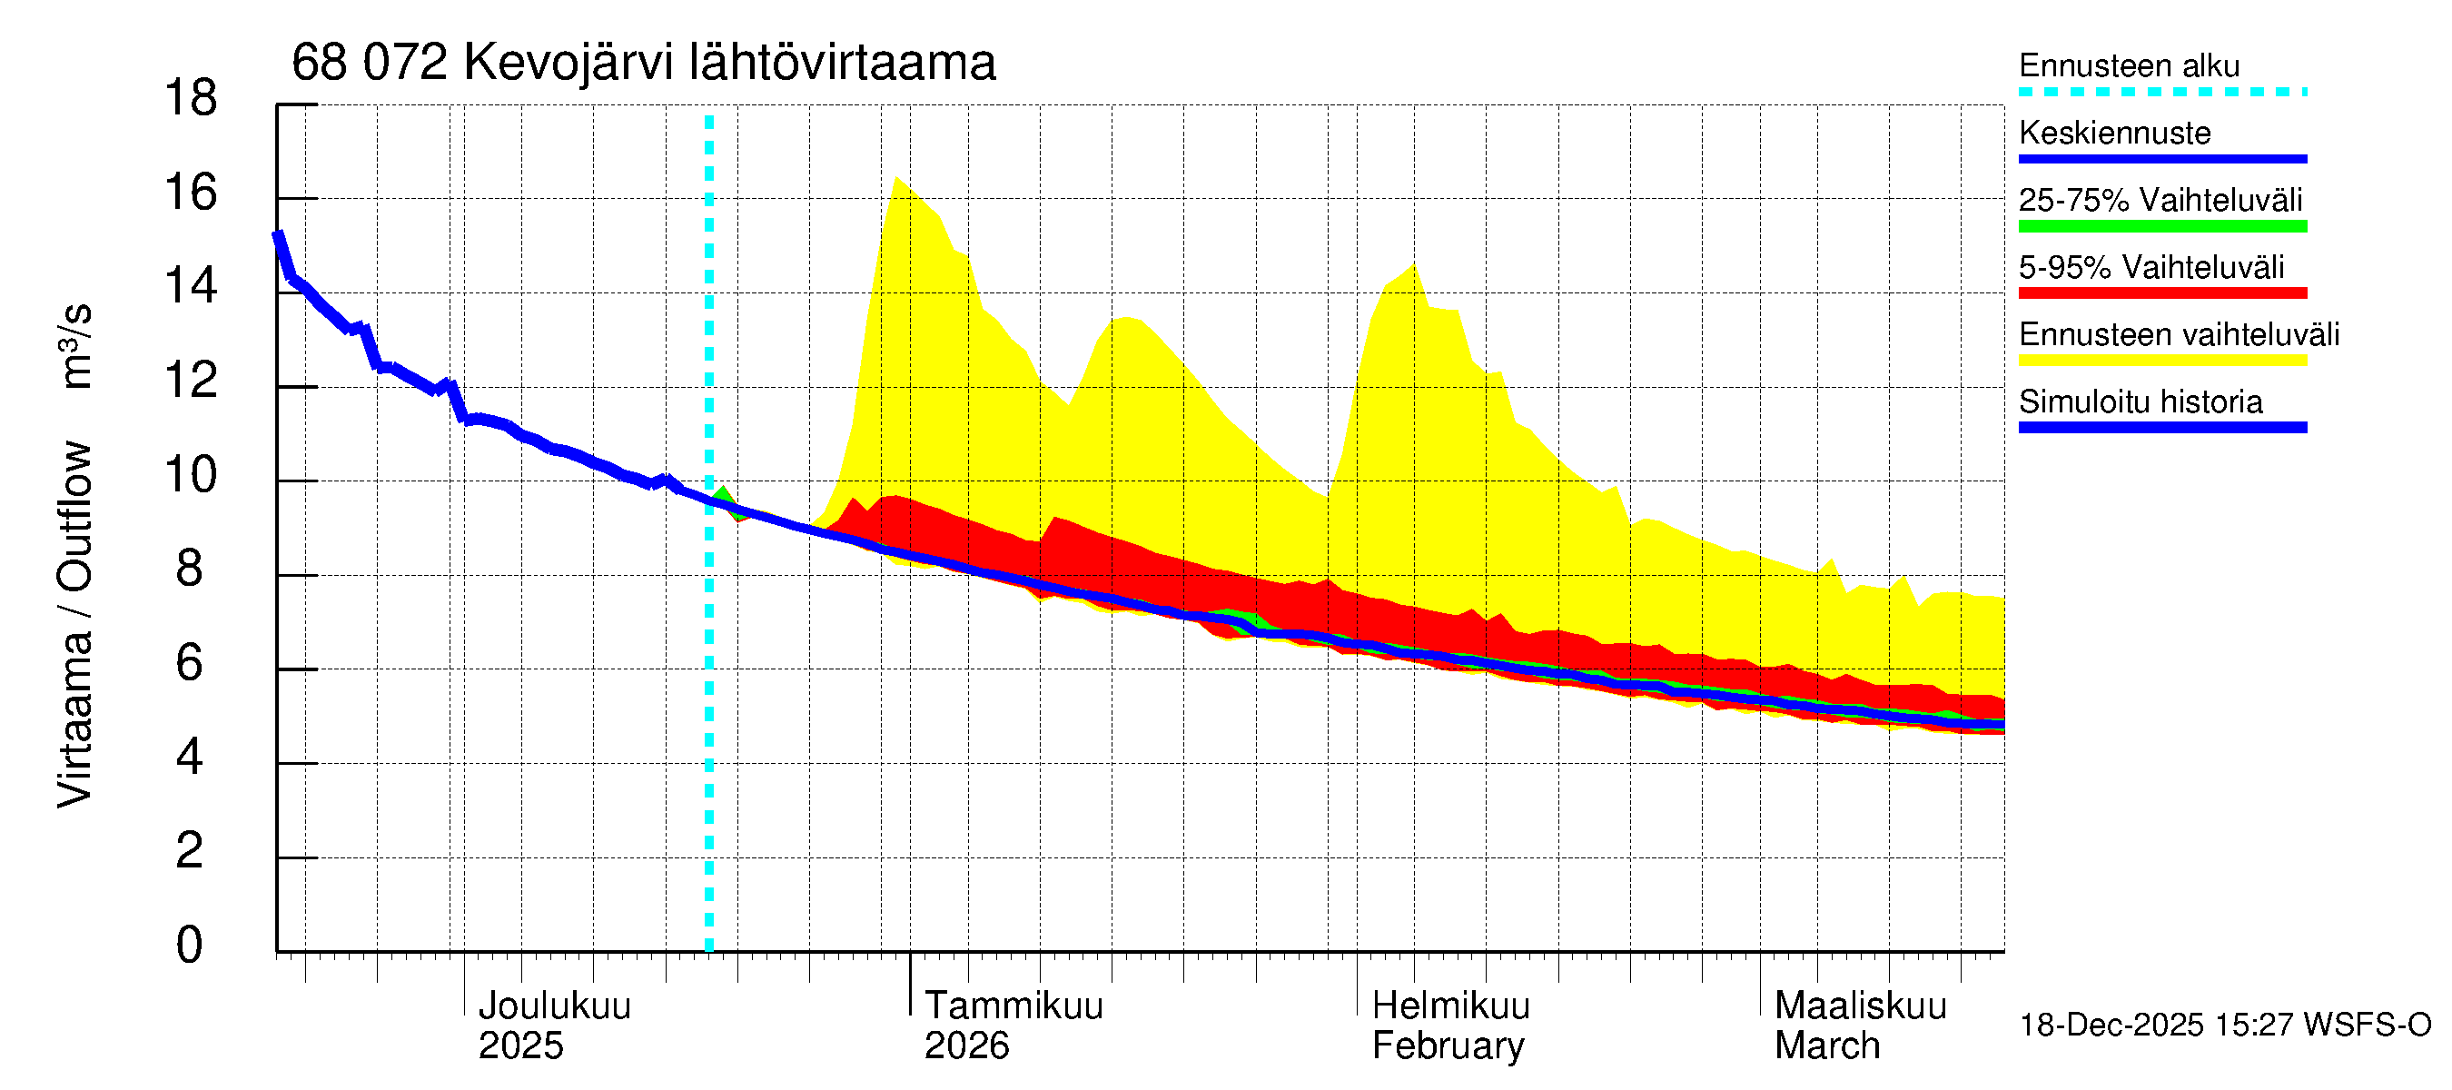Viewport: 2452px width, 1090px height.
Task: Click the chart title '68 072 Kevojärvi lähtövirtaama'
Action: click(644, 63)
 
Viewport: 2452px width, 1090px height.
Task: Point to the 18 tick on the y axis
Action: click(191, 98)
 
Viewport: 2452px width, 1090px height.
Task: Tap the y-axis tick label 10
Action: click(191, 474)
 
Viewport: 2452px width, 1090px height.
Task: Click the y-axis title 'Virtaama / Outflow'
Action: click(74, 623)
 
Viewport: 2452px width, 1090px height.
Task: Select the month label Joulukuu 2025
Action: click(554, 1026)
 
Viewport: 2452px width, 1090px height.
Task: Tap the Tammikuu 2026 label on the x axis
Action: click(1013, 1026)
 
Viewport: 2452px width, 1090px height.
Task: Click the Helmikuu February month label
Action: click(1449, 1026)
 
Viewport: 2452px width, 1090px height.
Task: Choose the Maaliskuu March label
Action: click(1860, 1026)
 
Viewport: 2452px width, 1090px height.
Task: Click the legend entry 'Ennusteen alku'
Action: click(2129, 65)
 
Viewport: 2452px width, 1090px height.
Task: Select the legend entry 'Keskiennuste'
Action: click(2114, 133)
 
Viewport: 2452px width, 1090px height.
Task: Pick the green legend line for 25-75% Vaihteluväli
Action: click(2161, 226)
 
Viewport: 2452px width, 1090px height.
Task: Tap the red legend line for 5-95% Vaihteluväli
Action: click(2161, 293)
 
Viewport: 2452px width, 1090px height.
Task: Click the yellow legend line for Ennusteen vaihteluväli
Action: click(2161, 361)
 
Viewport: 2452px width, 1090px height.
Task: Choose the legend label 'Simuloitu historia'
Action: click(2140, 401)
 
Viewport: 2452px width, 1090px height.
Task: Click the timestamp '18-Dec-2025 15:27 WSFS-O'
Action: click(2224, 1026)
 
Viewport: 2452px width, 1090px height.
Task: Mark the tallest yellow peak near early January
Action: click(896, 179)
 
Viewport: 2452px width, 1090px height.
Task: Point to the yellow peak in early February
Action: click(1413, 265)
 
